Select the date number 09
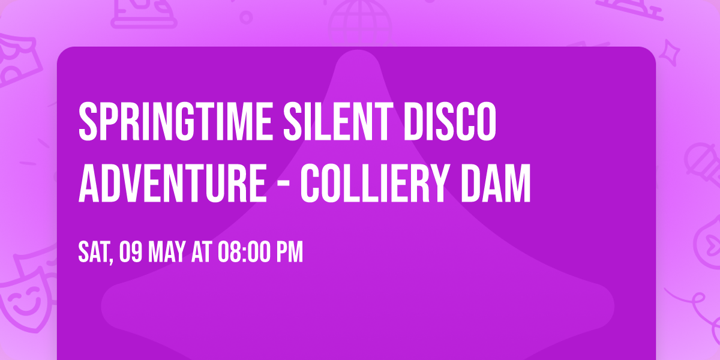click(131, 253)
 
